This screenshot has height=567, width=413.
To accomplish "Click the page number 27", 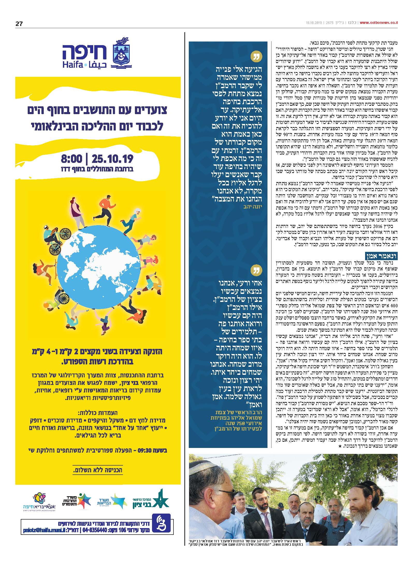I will click(x=19, y=24).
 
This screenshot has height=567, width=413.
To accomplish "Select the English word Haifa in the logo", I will click(x=71, y=65).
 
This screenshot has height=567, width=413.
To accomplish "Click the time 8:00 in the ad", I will click(x=71, y=158).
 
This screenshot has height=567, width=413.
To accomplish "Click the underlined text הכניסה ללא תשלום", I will click(x=98, y=470).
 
